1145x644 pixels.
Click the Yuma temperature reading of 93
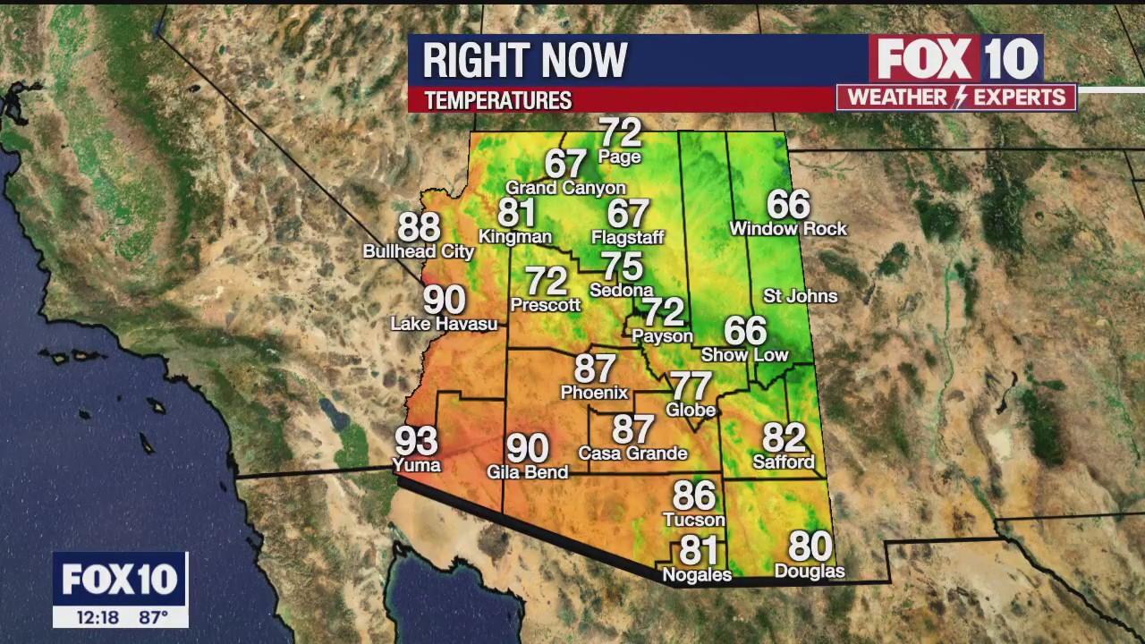coord(417,441)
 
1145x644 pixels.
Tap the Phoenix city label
coord(594,393)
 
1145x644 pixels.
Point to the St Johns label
coord(800,296)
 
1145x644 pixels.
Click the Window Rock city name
coord(788,229)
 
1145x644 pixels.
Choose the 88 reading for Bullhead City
coord(419,227)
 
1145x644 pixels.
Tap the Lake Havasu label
coord(444,324)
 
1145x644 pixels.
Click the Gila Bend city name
coord(527,471)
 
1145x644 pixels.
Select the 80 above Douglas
coord(810,546)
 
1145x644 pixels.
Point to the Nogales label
coord(697,575)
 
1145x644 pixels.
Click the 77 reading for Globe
coord(691,386)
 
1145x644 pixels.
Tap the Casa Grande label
coord(632,453)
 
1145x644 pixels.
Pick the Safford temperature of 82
coord(784,438)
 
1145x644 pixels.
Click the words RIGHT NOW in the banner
coord(525,61)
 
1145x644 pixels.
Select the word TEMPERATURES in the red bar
coord(498,101)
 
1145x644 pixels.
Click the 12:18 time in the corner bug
coord(97,617)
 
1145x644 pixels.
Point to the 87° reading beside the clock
coord(153,617)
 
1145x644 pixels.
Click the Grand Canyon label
coord(565,188)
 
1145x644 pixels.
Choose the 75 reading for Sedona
coord(622,267)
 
